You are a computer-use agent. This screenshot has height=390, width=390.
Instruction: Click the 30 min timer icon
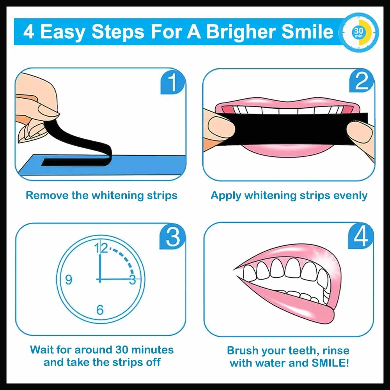pyautogui.click(x=358, y=32)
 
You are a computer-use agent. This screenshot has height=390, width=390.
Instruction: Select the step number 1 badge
pyautogui.click(x=172, y=83)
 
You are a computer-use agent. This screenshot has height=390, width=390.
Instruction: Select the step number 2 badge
pyautogui.click(x=361, y=83)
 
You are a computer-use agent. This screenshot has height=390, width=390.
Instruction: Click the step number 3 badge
pyautogui.click(x=172, y=237)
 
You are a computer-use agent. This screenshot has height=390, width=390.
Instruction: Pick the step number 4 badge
pyautogui.click(x=361, y=237)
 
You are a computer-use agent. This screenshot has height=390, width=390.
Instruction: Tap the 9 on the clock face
pyautogui.click(x=69, y=280)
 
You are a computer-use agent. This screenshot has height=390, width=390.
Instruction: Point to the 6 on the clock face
pyautogui.click(x=100, y=310)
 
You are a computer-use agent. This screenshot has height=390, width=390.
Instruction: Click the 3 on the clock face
pyautogui.click(x=132, y=280)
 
